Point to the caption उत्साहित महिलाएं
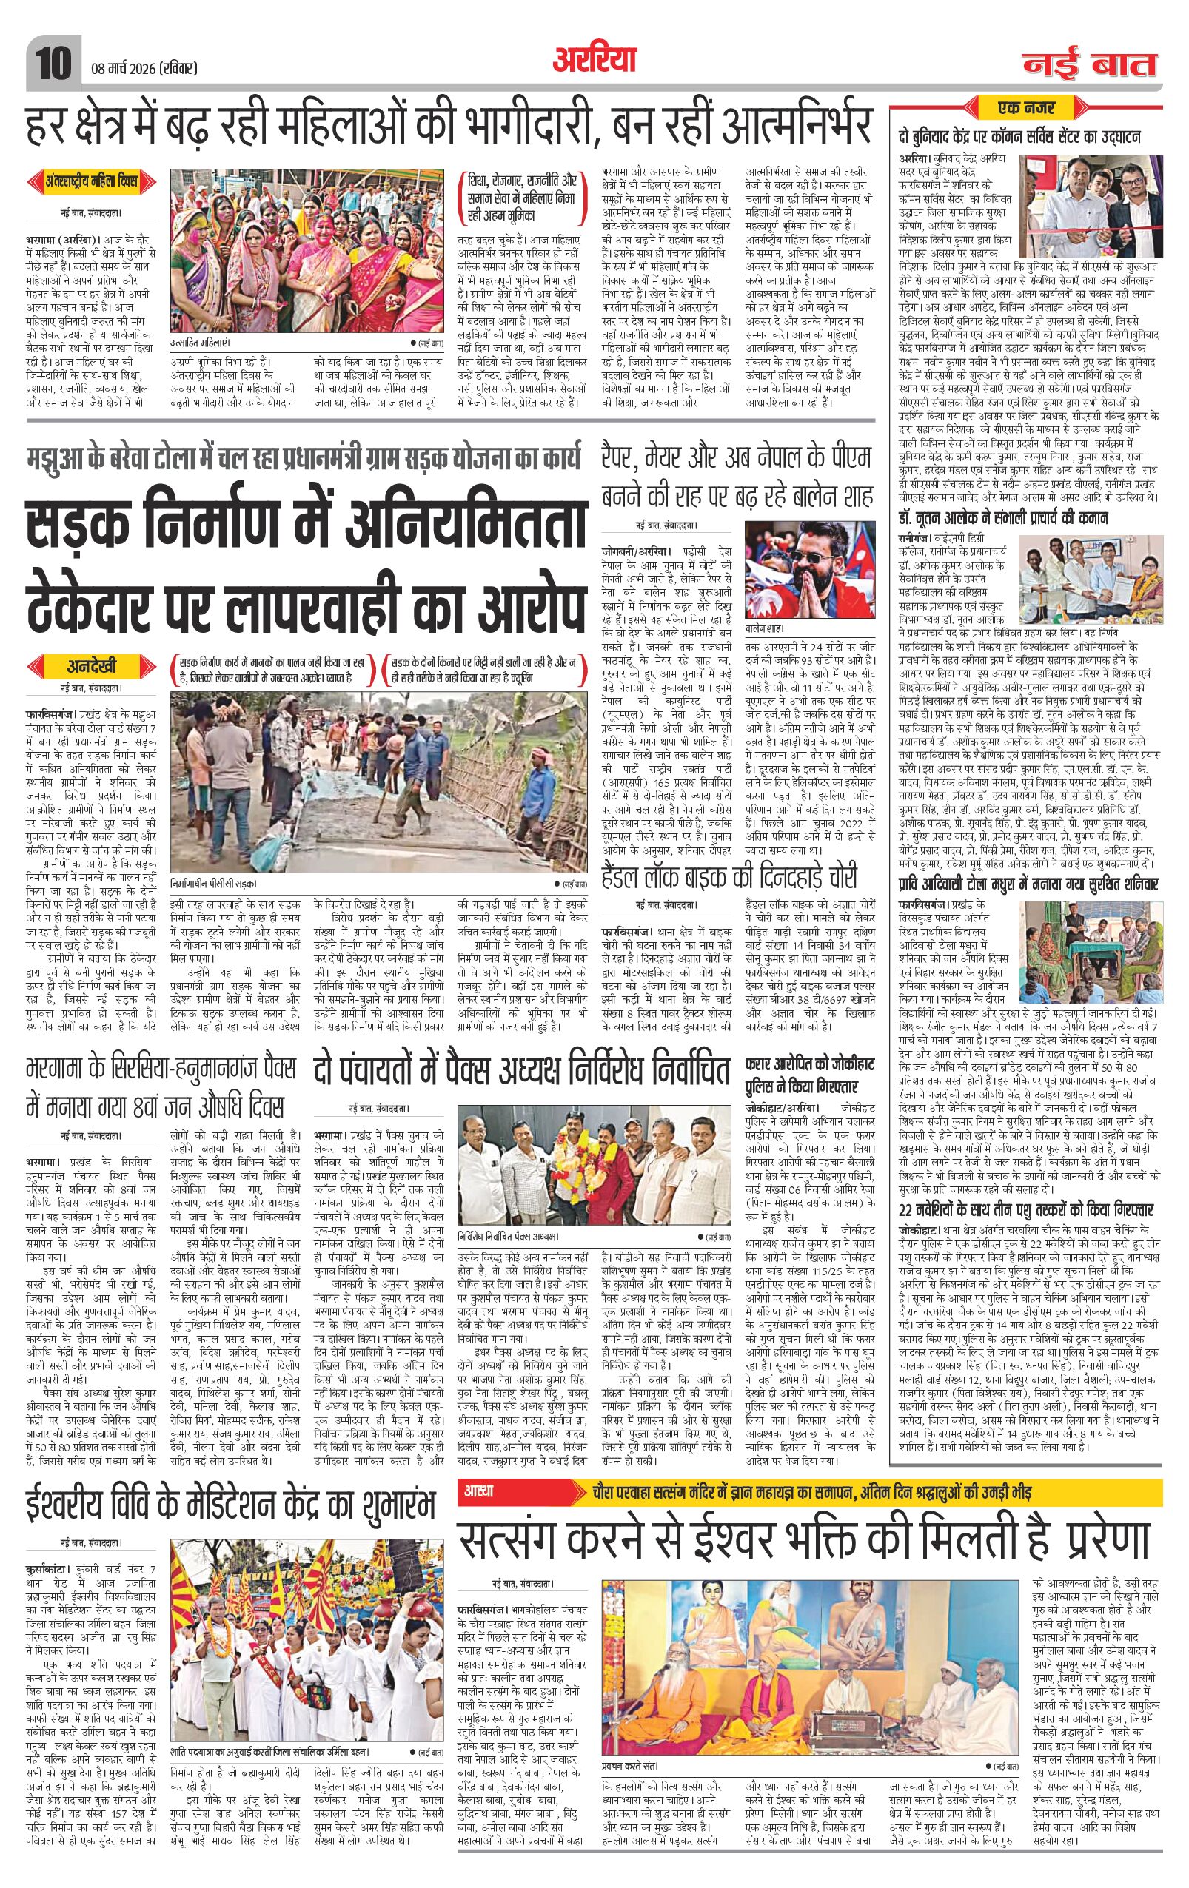click(201, 343)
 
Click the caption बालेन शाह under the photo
click(766, 630)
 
